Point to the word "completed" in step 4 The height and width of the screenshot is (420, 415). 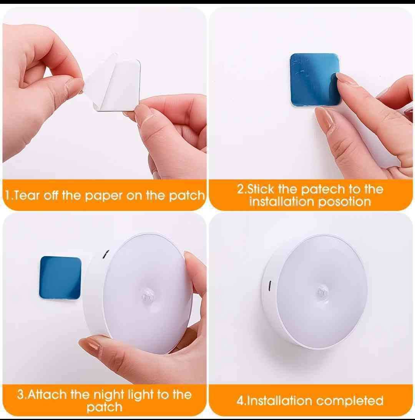350,401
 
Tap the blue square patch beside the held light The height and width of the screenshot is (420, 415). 60,278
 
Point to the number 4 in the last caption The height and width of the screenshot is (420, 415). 240,401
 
